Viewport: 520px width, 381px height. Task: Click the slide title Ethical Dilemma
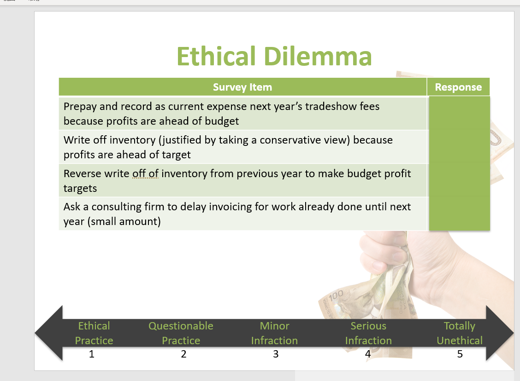[x=274, y=56]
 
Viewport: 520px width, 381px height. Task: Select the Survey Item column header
[x=242, y=87]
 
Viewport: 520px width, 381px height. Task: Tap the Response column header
[x=458, y=87]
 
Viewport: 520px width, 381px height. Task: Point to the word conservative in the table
[x=288, y=140]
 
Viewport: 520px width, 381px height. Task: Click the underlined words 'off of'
[x=145, y=173]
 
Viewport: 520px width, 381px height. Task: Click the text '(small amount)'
[x=124, y=221]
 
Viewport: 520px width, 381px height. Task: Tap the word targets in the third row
[x=80, y=188]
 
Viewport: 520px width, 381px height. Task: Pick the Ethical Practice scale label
[x=94, y=333]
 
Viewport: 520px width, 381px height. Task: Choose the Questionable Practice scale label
[x=181, y=333]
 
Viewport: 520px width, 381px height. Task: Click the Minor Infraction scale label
[x=275, y=333]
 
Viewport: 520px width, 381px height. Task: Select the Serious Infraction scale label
[x=368, y=333]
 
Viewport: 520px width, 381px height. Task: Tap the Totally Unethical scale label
[x=460, y=333]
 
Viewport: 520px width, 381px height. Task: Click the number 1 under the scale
[x=92, y=354]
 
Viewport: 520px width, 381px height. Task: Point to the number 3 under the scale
[x=276, y=354]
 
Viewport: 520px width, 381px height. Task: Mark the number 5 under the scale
[x=460, y=354]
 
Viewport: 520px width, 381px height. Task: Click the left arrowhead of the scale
[x=49, y=333]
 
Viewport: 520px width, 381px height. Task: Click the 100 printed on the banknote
[x=336, y=295]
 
